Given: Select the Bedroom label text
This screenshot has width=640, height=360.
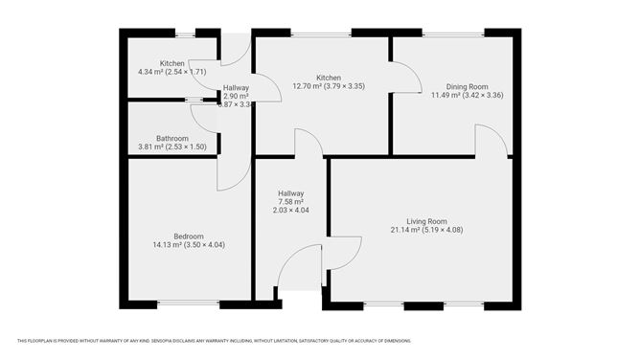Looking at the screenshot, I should click(188, 236).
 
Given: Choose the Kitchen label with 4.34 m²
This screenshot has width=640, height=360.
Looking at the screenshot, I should click(171, 63).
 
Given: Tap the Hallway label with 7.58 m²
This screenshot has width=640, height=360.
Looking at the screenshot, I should click(290, 193).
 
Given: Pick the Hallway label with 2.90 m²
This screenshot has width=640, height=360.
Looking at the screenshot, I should click(236, 88).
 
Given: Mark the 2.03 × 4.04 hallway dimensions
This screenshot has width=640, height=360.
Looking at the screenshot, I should click(290, 211).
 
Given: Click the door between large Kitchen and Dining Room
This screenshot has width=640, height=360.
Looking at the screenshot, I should click(405, 78).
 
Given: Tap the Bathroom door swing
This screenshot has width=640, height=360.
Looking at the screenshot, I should click(204, 117).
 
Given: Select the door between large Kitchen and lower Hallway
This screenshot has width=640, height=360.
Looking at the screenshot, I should click(309, 143).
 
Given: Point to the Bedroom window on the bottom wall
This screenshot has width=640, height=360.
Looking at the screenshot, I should click(188, 304).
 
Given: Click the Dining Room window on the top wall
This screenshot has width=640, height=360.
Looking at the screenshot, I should click(453, 34).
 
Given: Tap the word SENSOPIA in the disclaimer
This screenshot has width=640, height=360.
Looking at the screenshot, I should click(165, 341).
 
